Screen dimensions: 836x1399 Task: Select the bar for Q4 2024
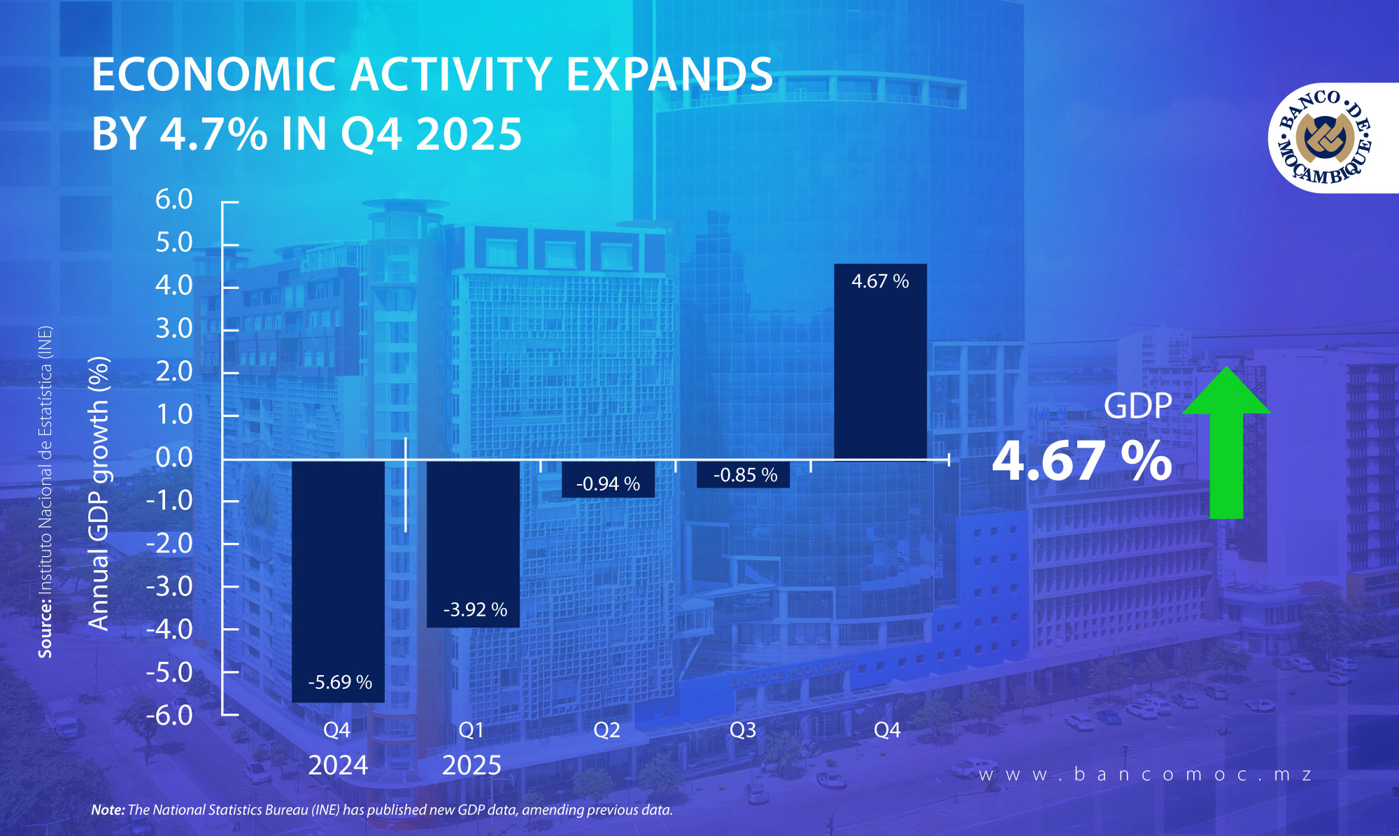(x=338, y=581)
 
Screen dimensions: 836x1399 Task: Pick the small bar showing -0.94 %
(x=608, y=479)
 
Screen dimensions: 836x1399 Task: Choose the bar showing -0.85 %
(x=744, y=474)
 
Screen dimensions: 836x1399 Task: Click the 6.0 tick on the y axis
(x=173, y=200)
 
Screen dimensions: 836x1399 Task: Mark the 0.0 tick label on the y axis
(x=173, y=458)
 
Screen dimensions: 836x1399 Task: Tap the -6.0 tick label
(x=169, y=716)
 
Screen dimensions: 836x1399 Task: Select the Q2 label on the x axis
(x=606, y=730)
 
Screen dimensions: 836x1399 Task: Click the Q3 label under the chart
(x=743, y=730)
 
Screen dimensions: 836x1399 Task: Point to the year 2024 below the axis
(x=338, y=765)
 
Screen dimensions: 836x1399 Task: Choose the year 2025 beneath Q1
(x=471, y=765)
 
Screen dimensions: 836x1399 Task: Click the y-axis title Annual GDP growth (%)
(x=99, y=493)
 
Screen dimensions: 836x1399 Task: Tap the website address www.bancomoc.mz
(x=1145, y=774)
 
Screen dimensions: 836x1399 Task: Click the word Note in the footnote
(x=108, y=810)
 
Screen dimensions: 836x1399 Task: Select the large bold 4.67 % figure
(x=1081, y=461)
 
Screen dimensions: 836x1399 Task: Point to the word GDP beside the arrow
(x=1137, y=406)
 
